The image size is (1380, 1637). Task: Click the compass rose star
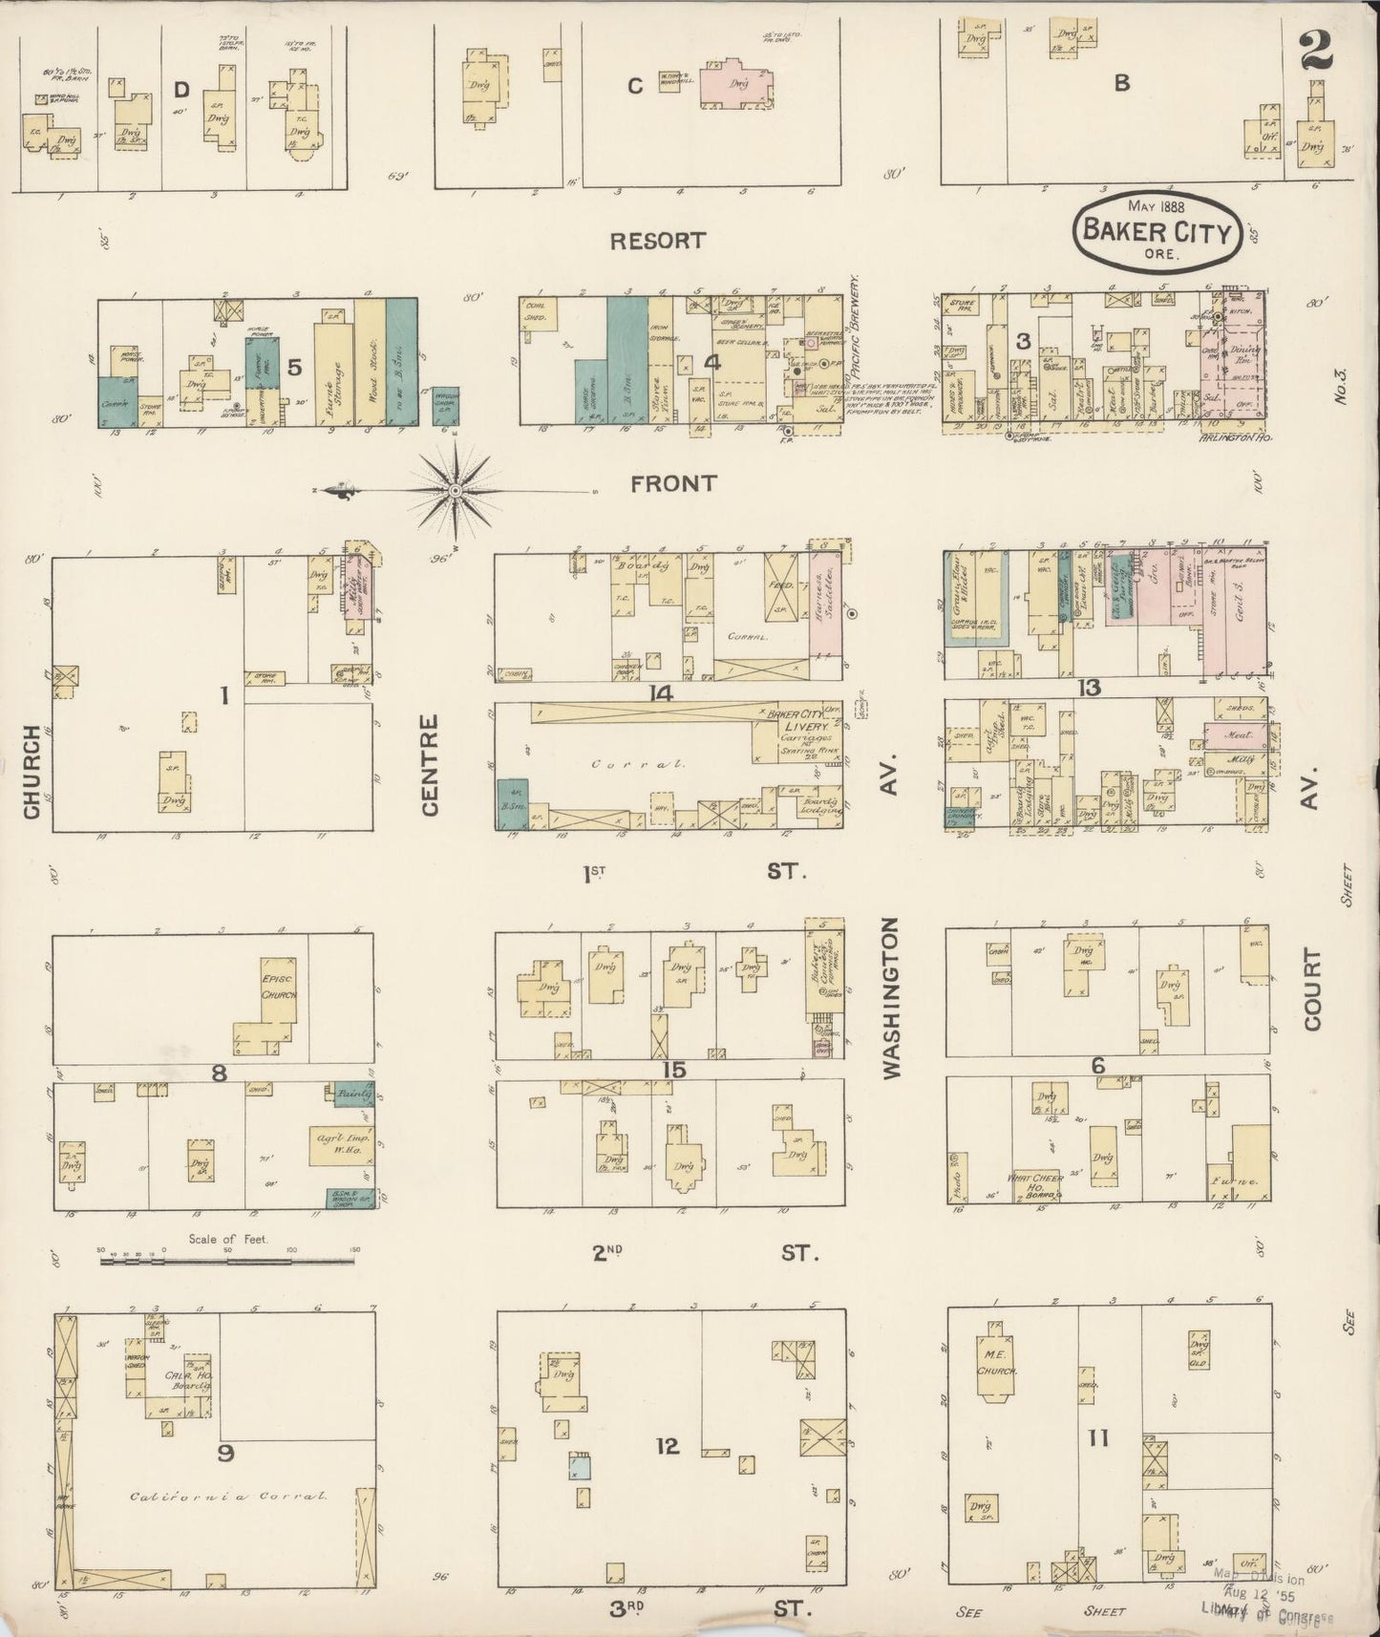456,491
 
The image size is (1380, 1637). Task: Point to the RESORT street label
657,241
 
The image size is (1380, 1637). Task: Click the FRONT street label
672,484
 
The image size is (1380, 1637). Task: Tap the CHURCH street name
32,772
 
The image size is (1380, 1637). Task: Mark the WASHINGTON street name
892,998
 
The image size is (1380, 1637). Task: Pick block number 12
667,1446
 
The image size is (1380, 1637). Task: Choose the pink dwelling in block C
734,84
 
